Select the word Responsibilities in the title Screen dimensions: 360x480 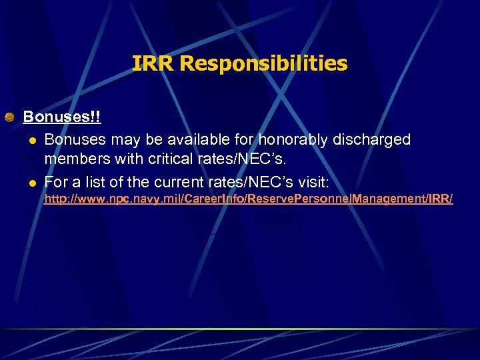point(263,63)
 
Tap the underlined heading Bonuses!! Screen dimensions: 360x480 point(62,117)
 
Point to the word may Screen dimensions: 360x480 point(121,140)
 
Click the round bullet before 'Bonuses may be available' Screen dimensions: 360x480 point(31,141)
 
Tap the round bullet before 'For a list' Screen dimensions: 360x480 point(31,181)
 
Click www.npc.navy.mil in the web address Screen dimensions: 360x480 point(115,199)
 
